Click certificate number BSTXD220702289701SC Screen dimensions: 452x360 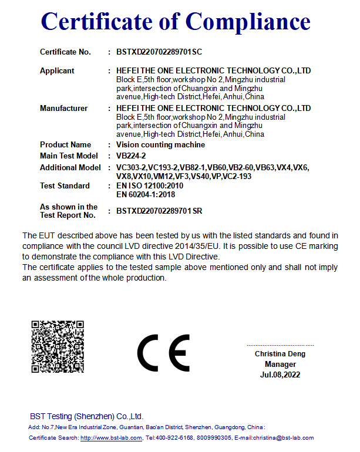point(159,52)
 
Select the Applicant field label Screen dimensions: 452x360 point(57,71)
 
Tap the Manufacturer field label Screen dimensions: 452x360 point(63,109)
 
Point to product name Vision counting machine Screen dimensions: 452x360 point(160,145)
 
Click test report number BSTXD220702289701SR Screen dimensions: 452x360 point(159,211)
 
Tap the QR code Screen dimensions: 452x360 point(58,346)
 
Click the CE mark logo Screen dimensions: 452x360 point(163,353)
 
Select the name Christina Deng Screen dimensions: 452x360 point(280,354)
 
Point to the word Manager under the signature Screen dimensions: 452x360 point(280,365)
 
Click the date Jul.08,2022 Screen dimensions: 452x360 point(280,375)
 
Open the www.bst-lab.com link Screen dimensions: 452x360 point(111,438)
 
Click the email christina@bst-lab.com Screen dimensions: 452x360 point(282,438)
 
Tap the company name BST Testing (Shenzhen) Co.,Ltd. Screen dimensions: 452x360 point(86,416)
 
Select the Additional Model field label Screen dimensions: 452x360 point(70,168)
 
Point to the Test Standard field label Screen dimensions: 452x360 point(65,186)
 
